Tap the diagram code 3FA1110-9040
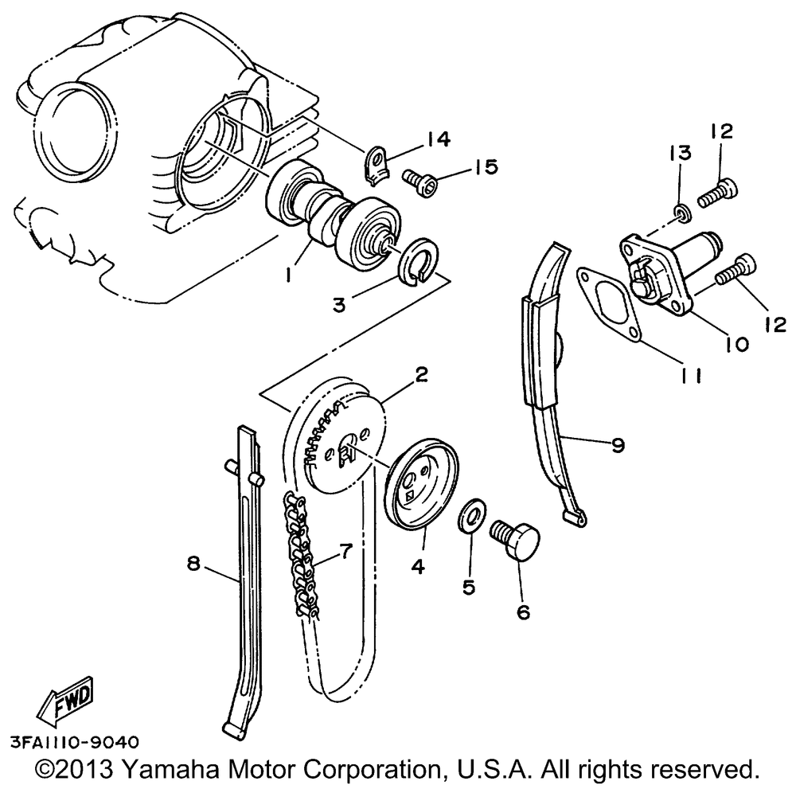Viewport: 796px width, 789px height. tap(75, 742)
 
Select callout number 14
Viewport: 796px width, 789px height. tap(438, 139)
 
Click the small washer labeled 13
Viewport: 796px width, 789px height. tap(683, 213)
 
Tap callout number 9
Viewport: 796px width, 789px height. tap(618, 445)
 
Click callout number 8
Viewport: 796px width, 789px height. tap(193, 563)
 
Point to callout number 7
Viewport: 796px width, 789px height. tap(345, 550)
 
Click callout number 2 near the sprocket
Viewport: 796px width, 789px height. tap(421, 375)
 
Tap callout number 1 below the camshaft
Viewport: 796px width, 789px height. tap(288, 275)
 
